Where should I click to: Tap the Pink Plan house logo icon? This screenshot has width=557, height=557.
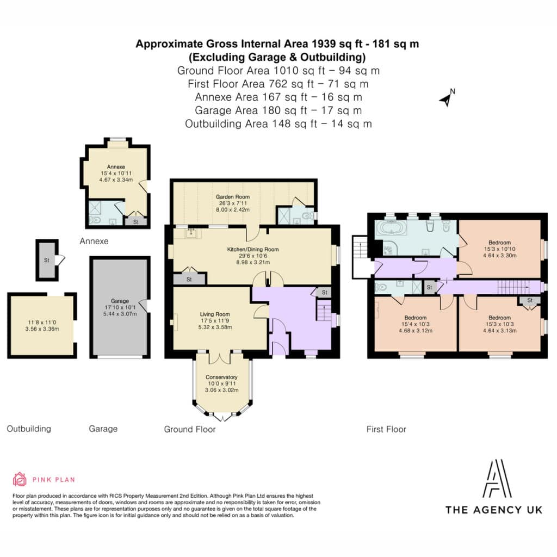coord(20,479)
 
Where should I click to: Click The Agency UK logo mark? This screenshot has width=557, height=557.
coord(497,479)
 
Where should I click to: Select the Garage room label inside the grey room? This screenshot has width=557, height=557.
coord(120,301)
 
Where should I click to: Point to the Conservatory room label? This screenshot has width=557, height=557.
coord(222,377)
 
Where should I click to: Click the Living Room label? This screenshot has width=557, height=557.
coord(215,314)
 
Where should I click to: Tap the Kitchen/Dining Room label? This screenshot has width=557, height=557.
coord(253,249)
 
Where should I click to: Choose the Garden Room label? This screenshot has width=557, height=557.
coord(233,196)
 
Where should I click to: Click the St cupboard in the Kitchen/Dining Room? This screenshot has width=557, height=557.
coord(189,279)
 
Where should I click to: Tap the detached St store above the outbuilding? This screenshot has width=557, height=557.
coord(47,260)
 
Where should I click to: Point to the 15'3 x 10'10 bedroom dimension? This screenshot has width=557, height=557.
coord(499,249)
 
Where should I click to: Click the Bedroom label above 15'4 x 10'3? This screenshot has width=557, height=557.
coord(415,318)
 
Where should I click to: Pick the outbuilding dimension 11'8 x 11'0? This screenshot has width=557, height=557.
coord(42,323)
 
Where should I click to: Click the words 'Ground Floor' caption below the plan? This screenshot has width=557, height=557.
coord(190,429)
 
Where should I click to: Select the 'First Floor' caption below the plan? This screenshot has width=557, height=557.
coord(386,429)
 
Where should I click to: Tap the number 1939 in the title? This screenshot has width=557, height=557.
coord(323,44)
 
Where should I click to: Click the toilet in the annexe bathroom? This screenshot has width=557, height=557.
coord(95,220)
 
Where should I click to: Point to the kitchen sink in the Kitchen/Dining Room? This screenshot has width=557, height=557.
coord(191,233)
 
